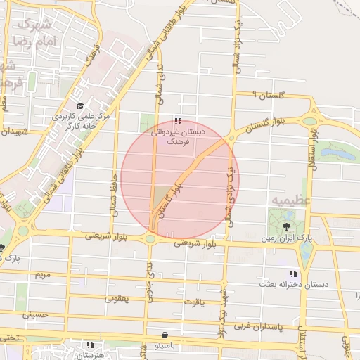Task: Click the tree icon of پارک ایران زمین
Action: (x=286, y=226)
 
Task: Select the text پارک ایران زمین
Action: (x=286, y=240)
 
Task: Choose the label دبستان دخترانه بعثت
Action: (x=292, y=288)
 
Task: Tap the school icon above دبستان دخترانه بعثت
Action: (x=292, y=274)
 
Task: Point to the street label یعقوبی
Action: (x=117, y=298)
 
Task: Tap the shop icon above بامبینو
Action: (x=165, y=335)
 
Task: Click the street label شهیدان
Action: (x=14, y=131)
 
